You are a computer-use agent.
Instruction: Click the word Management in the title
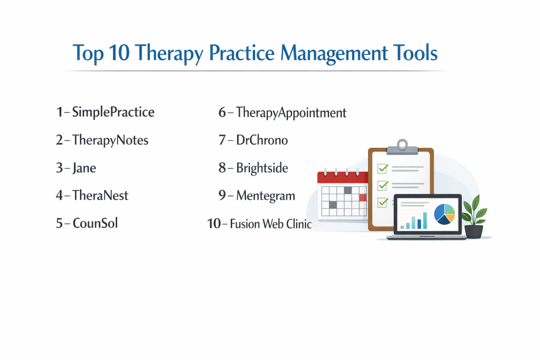coord(334,53)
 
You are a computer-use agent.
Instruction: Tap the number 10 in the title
coord(119,53)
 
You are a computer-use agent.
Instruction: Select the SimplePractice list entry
coord(113,113)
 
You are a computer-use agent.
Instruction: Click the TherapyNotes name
coord(110,140)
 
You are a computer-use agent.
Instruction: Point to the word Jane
coord(84,168)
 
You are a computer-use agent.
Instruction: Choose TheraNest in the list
coord(100,196)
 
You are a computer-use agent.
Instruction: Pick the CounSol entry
coord(95,223)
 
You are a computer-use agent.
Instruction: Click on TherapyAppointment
coord(291,113)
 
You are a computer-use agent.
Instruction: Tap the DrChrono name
coord(262,140)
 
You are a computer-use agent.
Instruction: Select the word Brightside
coord(262,168)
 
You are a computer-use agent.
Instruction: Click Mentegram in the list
coord(266,196)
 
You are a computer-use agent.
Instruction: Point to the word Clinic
coord(299,223)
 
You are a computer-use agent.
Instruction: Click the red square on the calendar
coord(363,198)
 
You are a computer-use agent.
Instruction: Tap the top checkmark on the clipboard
coord(383,168)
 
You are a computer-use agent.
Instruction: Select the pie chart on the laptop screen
coord(444,214)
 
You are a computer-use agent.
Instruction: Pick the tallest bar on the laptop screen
coord(425,220)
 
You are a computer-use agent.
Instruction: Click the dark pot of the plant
coord(474,231)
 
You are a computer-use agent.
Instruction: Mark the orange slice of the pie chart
coord(450,218)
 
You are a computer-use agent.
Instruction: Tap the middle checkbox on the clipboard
coord(383,186)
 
